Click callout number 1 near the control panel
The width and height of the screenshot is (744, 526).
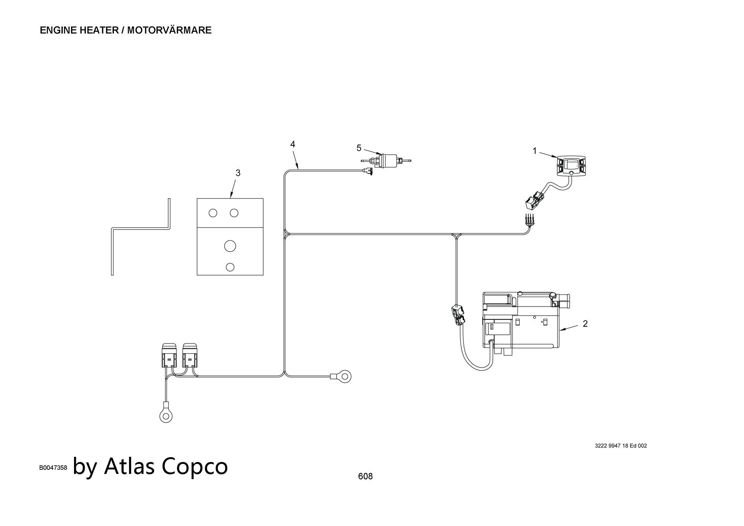click(x=535, y=151)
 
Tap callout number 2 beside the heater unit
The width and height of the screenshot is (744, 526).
click(x=585, y=324)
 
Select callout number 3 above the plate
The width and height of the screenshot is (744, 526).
click(x=238, y=173)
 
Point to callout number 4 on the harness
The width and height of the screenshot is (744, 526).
click(x=293, y=144)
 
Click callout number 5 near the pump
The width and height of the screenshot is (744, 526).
click(x=359, y=148)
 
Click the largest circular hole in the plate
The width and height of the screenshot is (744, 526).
click(x=230, y=246)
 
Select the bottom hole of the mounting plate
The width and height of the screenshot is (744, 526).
click(x=230, y=267)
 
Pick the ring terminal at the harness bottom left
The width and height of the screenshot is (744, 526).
click(x=166, y=416)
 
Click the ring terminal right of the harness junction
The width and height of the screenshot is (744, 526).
click(x=344, y=376)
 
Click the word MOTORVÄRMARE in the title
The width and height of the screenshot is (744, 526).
click(x=169, y=30)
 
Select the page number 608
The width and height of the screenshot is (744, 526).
click(x=365, y=476)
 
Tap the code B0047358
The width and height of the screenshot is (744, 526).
click(x=53, y=468)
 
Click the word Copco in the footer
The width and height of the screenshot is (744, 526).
click(x=195, y=466)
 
